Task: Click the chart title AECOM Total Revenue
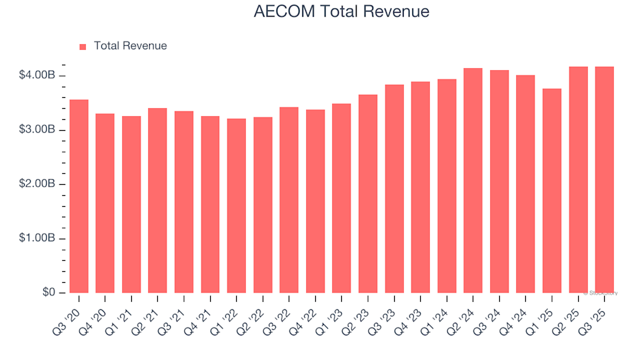[341, 12]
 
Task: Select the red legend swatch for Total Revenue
[83, 47]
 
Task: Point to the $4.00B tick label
[37, 75]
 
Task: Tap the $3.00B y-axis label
[37, 129]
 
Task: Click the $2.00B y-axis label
[37, 184]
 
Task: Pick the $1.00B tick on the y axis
[37, 239]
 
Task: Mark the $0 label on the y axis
[47, 293]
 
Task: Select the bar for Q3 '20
[79, 197]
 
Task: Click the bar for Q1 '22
[237, 206]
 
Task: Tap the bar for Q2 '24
[473, 181]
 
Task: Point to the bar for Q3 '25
[605, 180]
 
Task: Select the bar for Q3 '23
[394, 189]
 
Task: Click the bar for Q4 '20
[105, 203]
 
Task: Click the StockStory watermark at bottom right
[601, 293]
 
